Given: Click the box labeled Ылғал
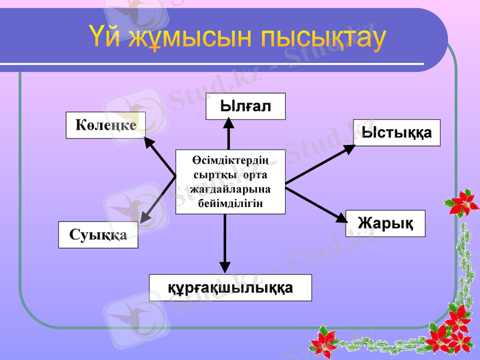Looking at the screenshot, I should click(245, 106).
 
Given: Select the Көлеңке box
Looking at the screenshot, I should click(106, 124).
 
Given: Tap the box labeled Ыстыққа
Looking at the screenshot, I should click(397, 133).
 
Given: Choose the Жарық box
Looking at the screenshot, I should click(385, 223).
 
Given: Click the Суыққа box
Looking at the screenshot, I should click(98, 235).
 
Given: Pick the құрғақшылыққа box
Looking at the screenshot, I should click(230, 287).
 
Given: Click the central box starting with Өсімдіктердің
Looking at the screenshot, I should click(230, 181).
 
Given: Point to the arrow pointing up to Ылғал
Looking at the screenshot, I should click(229, 133).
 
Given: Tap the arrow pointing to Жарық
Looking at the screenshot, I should click(316, 205).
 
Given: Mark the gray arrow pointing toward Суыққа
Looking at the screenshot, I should click(157, 201).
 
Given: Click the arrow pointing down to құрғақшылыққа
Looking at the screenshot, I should click(225, 243).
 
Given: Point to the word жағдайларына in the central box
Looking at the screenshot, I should click(230, 189).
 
